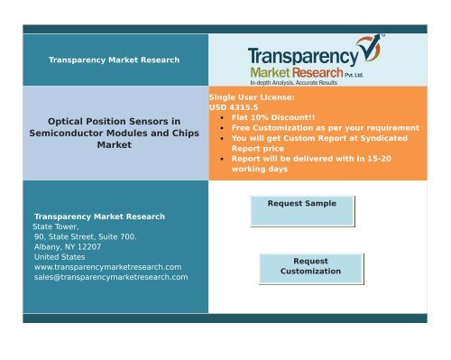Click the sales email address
(x=110, y=277)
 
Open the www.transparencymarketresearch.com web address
(x=107, y=267)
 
